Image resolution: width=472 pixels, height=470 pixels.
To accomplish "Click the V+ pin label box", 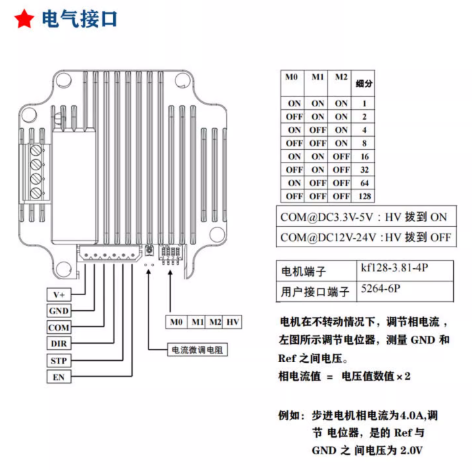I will pos(59,294).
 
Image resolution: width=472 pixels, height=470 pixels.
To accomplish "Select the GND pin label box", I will pos(59,310).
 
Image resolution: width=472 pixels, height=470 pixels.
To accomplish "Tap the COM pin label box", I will pos(59,327).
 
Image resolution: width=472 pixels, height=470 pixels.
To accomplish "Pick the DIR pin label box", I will pos(59,343).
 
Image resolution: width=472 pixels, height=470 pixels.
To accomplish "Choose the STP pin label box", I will pos(59,360).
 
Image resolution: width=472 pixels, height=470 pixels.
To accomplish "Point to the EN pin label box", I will pos(59,377).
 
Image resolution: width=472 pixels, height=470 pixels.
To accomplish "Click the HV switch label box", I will pos(233,322).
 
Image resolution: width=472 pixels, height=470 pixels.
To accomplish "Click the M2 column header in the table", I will pos(341,78).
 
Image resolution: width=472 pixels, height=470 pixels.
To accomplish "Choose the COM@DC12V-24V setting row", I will pos(366,237).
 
